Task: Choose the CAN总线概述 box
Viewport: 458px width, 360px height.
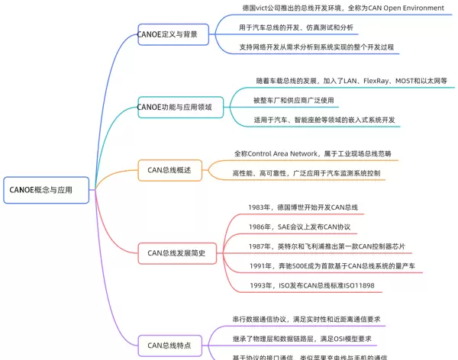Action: click(x=169, y=170)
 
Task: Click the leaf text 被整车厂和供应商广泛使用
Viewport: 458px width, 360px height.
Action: click(x=295, y=100)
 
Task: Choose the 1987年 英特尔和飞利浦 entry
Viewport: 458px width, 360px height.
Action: click(x=326, y=246)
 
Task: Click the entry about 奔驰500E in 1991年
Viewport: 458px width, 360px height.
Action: click(x=331, y=265)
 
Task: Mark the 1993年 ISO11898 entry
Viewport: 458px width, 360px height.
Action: click(x=313, y=285)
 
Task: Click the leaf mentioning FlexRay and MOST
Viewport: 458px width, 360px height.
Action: click(x=351, y=80)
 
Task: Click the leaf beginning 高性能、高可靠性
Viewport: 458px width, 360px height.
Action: click(x=306, y=174)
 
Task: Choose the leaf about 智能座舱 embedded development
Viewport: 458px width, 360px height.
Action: click(x=324, y=120)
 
